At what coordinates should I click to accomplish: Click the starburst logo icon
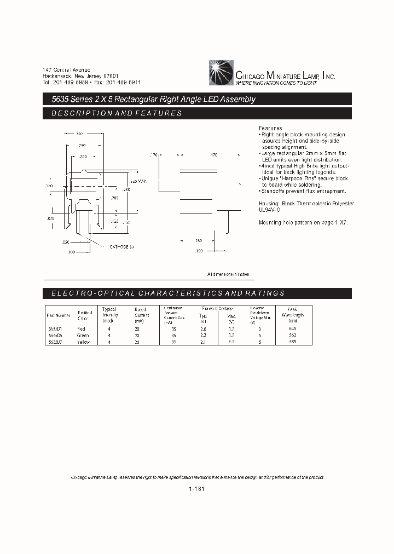point(221,71)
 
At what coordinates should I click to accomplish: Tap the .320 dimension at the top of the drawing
point(79,134)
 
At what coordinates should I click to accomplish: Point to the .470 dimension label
point(213,155)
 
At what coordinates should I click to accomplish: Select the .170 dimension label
point(153,155)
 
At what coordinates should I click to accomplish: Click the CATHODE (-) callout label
point(121,247)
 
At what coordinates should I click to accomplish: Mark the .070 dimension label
point(50,218)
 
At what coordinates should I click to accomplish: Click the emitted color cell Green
point(83,335)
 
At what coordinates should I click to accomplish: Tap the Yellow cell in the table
point(83,342)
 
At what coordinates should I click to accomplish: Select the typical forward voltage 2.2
point(203,335)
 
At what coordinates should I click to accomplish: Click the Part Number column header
point(59,315)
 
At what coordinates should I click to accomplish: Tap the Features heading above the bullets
point(270,128)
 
